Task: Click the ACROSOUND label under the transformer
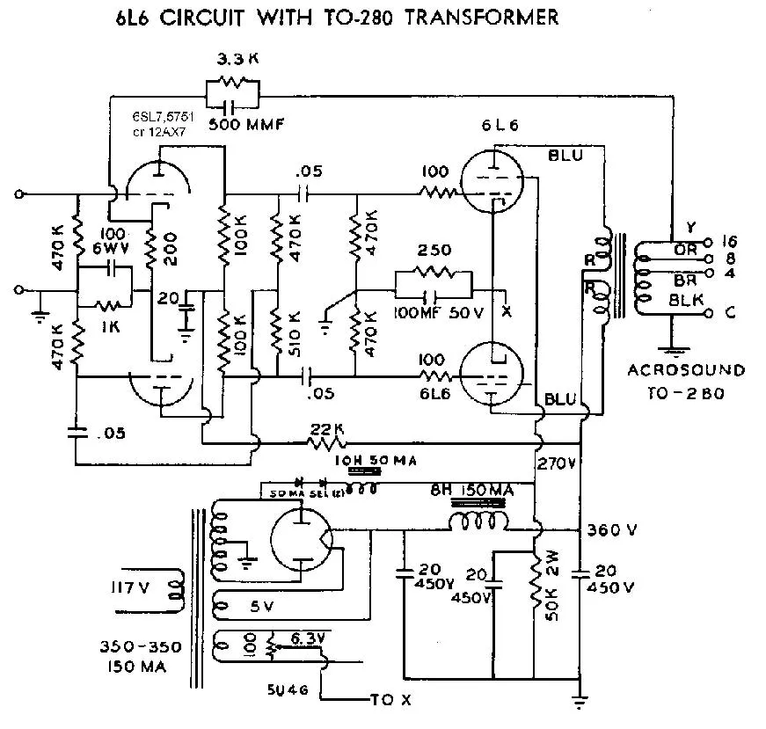[686, 370]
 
